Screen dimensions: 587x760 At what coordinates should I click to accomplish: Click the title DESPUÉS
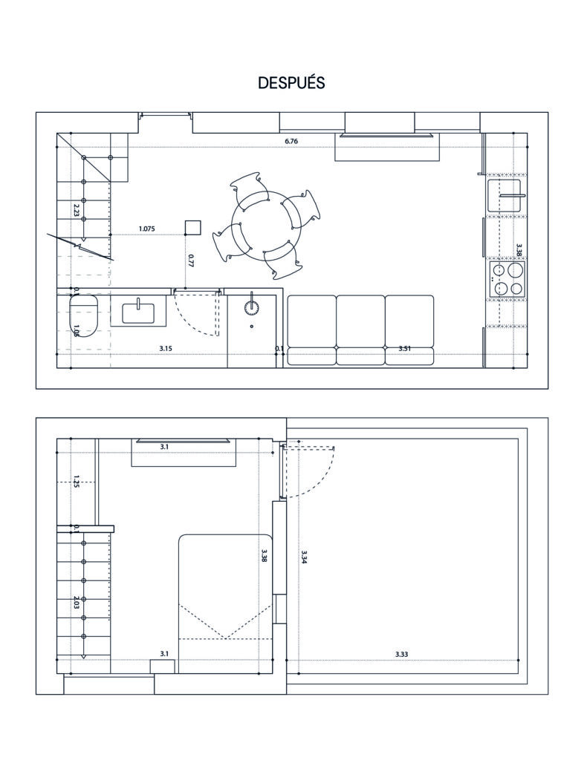(x=291, y=83)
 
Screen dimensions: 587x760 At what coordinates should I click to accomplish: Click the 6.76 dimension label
(x=291, y=141)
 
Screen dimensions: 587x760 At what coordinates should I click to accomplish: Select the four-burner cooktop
(x=507, y=279)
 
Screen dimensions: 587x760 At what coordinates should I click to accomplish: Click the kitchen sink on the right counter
(x=504, y=196)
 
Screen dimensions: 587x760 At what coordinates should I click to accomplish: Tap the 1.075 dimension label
(x=146, y=229)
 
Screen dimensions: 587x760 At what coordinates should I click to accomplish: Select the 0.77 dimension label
(x=191, y=261)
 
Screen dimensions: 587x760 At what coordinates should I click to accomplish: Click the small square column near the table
(x=193, y=227)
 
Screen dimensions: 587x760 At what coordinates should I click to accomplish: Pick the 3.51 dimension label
(x=405, y=349)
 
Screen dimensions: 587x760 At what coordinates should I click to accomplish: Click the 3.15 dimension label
(x=166, y=349)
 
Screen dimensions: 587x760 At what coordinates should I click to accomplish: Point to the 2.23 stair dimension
(x=77, y=209)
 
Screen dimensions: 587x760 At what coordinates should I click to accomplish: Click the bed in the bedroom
(x=226, y=603)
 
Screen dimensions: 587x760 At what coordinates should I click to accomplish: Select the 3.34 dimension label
(x=304, y=557)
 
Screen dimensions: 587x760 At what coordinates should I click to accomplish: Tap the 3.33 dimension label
(x=401, y=655)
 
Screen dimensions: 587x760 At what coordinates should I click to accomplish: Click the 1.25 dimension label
(x=77, y=480)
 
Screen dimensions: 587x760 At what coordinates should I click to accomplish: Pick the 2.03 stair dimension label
(x=77, y=605)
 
